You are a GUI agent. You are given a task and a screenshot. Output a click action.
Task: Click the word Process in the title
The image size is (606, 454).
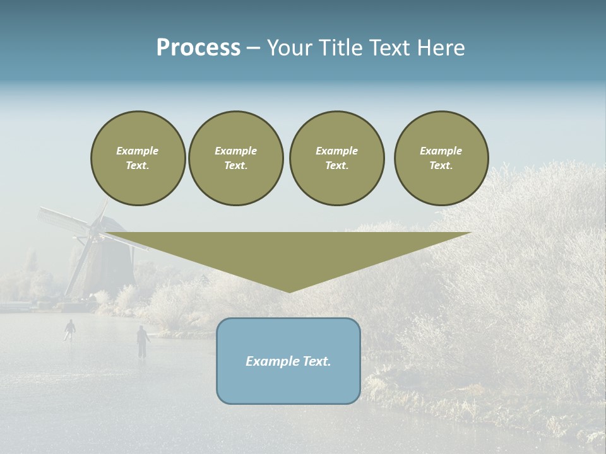(198, 48)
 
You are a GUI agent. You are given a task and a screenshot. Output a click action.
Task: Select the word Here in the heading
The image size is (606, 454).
(441, 48)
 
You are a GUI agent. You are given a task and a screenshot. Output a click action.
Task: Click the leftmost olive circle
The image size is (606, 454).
(138, 158)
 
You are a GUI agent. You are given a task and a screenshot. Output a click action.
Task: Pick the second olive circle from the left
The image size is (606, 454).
(235, 158)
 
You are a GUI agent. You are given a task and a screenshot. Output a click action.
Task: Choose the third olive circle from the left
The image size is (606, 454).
(336, 158)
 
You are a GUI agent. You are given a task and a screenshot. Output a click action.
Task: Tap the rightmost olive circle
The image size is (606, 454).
(441, 158)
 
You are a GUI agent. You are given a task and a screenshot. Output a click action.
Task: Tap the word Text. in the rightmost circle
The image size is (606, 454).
(441, 166)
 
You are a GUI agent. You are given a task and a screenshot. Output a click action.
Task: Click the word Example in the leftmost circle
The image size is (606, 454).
(138, 151)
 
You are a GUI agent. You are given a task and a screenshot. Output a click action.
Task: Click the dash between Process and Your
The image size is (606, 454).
(253, 49)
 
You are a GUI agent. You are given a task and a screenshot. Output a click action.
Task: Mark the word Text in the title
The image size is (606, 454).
(388, 48)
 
